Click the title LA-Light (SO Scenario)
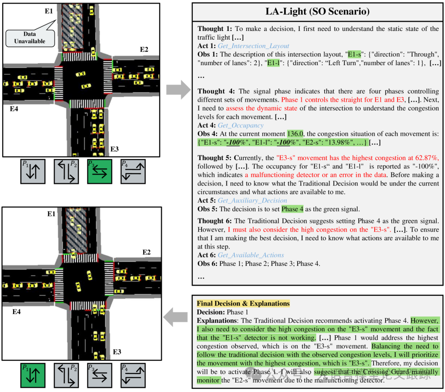tap(318, 12)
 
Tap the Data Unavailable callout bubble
tap(30, 38)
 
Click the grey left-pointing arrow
tap(176, 317)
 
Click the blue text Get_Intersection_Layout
tap(253, 46)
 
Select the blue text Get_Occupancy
tap(241, 125)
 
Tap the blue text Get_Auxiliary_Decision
tap(252, 200)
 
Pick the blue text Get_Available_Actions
tap(251, 255)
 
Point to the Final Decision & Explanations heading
tap(243, 303)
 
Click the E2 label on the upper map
tap(144, 49)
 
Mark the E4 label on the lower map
tap(16, 312)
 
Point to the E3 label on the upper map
tap(115, 149)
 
